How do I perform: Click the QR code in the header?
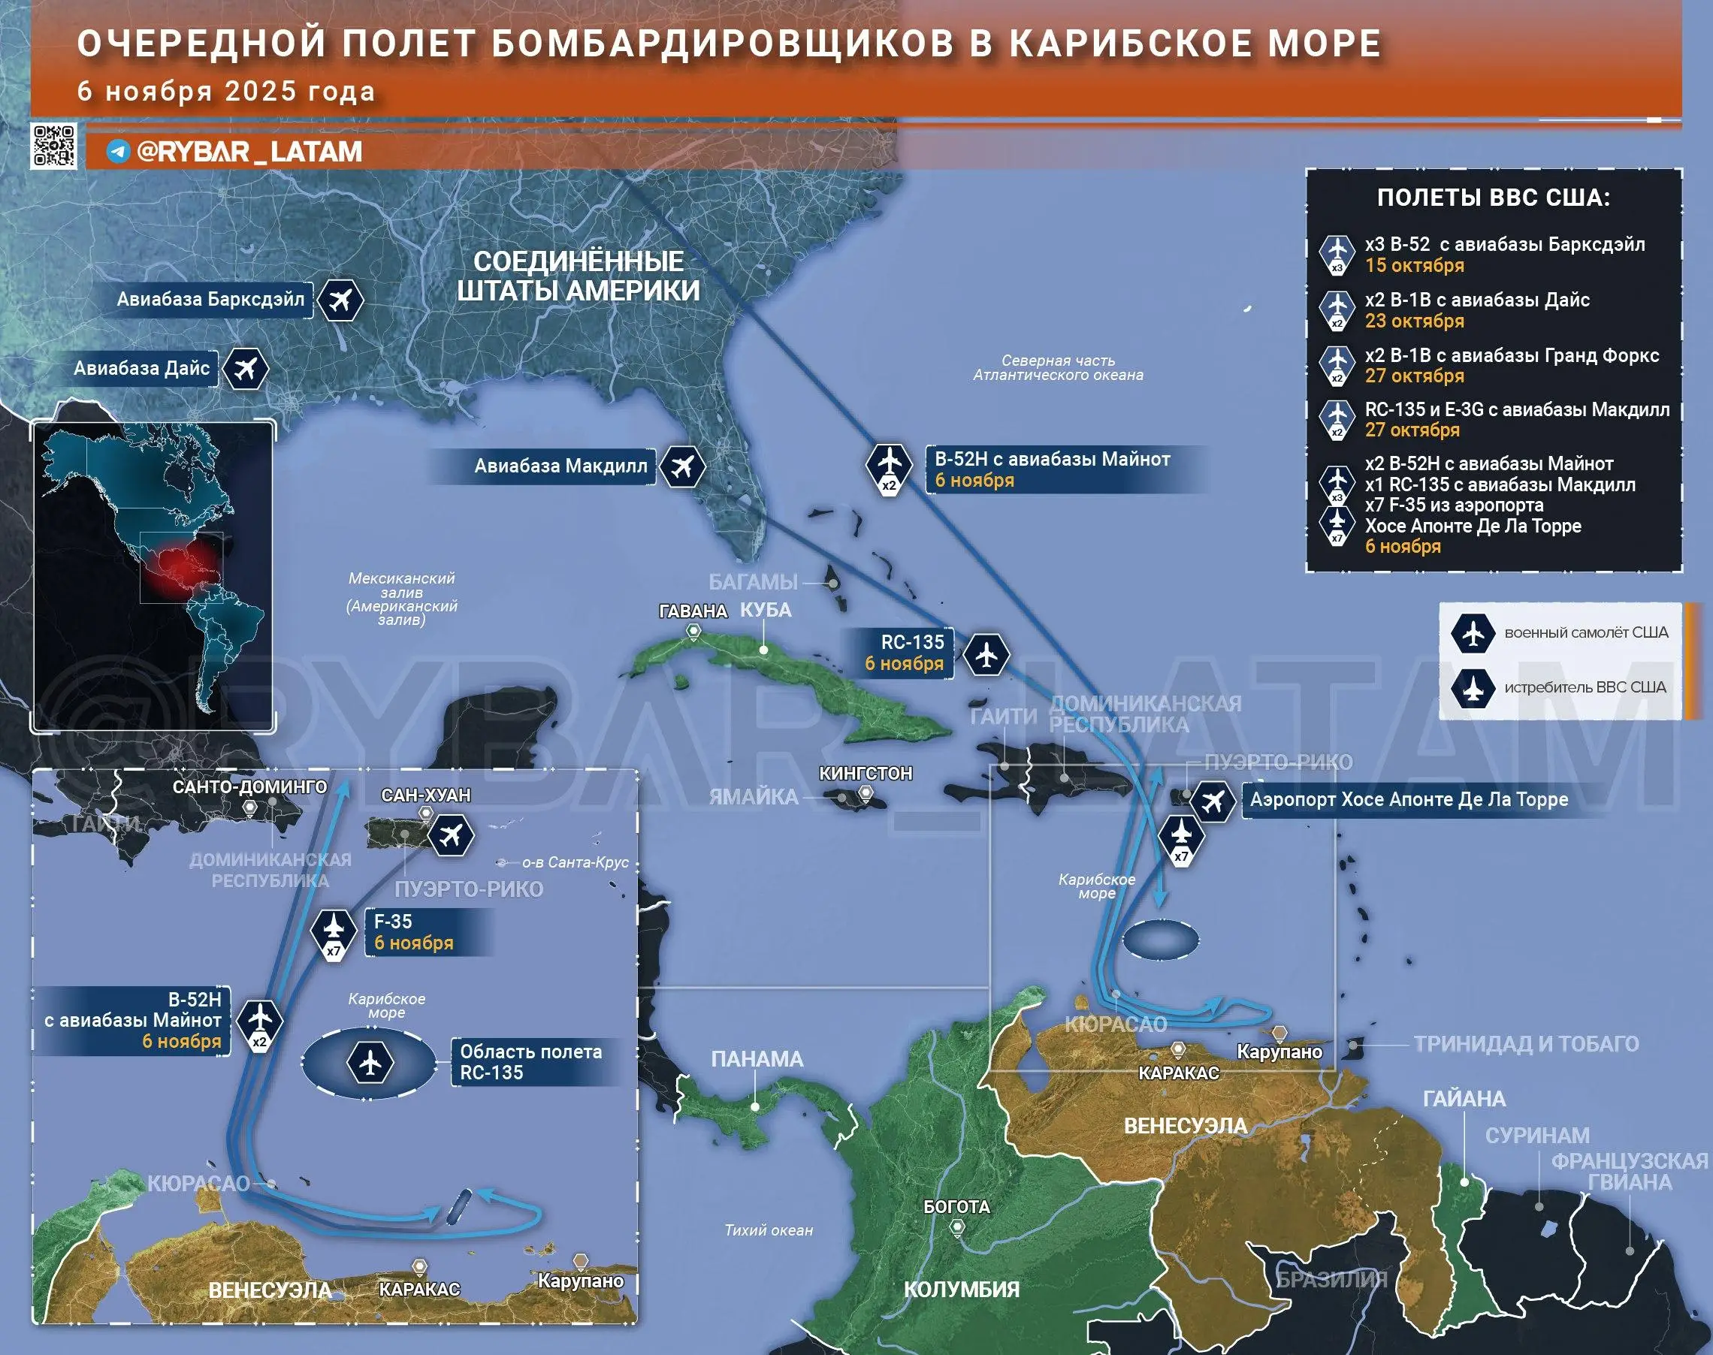pyautogui.click(x=54, y=146)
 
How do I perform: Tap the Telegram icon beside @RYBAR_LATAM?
pyautogui.click(x=118, y=152)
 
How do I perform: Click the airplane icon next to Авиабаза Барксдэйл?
pyautogui.click(x=340, y=300)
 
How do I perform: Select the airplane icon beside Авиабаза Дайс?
pyautogui.click(x=245, y=369)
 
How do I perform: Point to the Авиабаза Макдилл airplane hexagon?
pyautogui.click(x=681, y=466)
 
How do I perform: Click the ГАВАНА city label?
pyautogui.click(x=693, y=611)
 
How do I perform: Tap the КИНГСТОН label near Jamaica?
pyautogui.click(x=865, y=773)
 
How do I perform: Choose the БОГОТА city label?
pyautogui.click(x=956, y=1206)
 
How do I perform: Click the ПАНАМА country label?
pyautogui.click(x=757, y=1059)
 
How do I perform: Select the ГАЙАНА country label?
pyautogui.click(x=1464, y=1099)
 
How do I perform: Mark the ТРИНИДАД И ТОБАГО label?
pyautogui.click(x=1526, y=1044)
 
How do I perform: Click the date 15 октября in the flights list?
pyautogui.click(x=1414, y=266)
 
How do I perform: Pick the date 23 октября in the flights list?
pyautogui.click(x=1414, y=321)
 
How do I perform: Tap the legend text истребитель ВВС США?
pyautogui.click(x=1585, y=687)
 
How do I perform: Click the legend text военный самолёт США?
pyautogui.click(x=1586, y=632)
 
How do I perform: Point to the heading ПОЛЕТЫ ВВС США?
pyautogui.click(x=1493, y=198)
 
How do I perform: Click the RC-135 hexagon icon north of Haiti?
pyautogui.click(x=986, y=655)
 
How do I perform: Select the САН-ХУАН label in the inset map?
pyautogui.click(x=425, y=795)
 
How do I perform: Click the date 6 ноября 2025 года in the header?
pyautogui.click(x=225, y=91)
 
